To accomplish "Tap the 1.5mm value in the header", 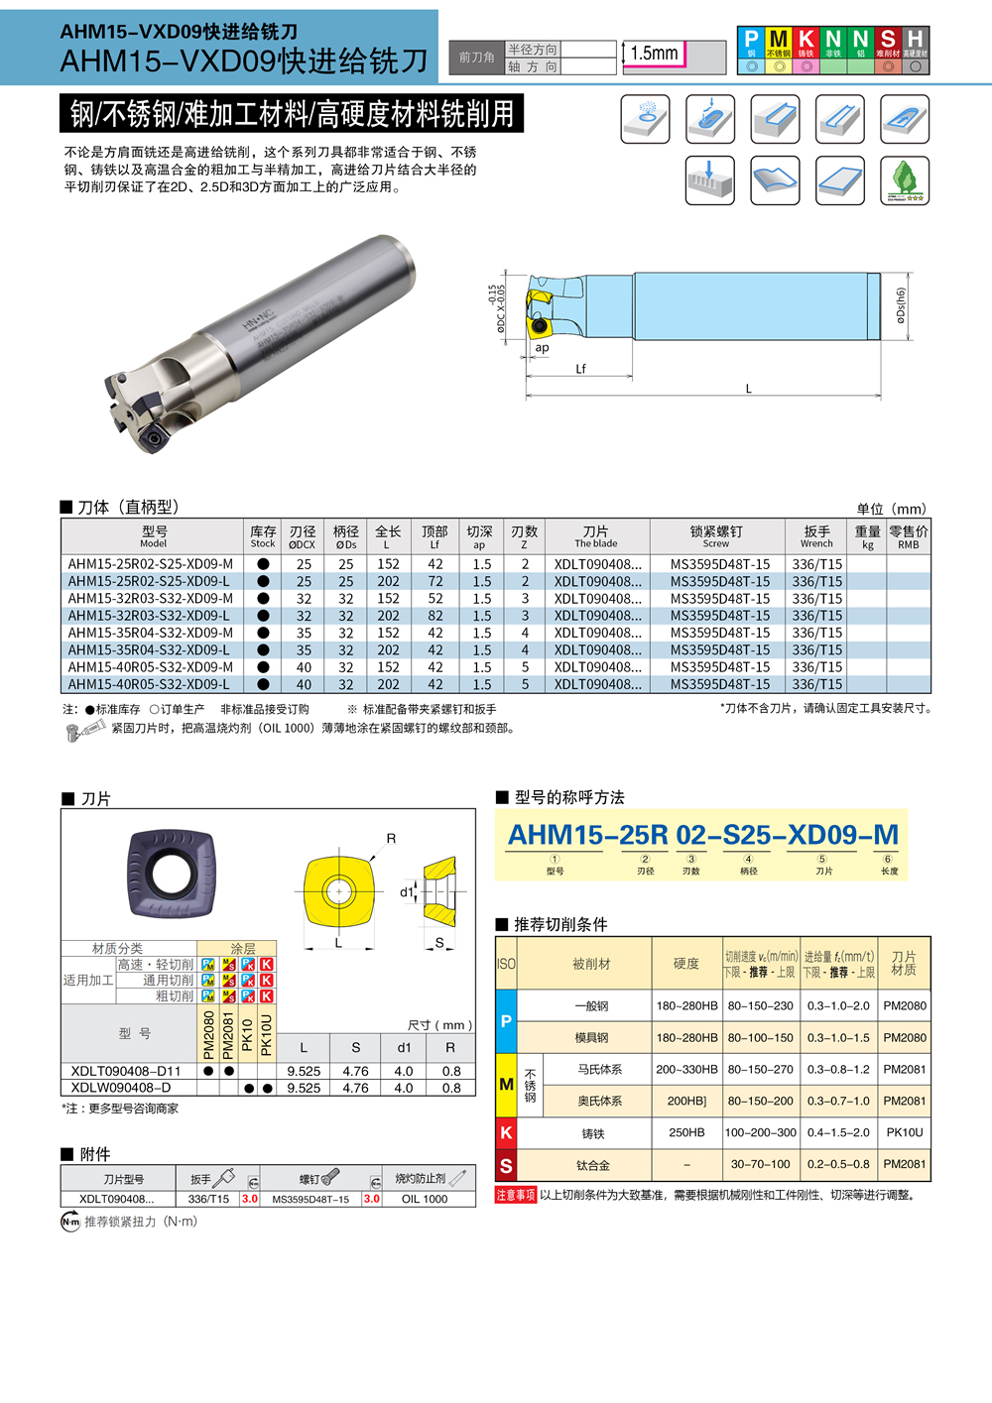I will pyautogui.click(x=655, y=54).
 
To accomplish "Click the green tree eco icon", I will pyautogui.click(x=905, y=180).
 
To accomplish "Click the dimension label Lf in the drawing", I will pyautogui.click(x=580, y=369).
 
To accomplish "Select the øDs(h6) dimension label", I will pyautogui.click(x=901, y=305).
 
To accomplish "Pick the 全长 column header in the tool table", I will pyautogui.click(x=388, y=536).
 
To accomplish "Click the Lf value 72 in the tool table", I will pyautogui.click(x=435, y=582).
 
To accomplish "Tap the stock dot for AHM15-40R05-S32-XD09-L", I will pyautogui.click(x=263, y=684).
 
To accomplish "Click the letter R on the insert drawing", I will pyautogui.click(x=391, y=839).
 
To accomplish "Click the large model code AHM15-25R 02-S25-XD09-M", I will pyautogui.click(x=702, y=835).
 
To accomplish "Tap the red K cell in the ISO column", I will pyautogui.click(x=506, y=1132).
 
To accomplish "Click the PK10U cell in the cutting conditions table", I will pyautogui.click(x=904, y=1132).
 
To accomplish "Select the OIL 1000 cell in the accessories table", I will pyautogui.click(x=425, y=1199).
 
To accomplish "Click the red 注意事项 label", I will pyautogui.click(x=516, y=1195).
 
